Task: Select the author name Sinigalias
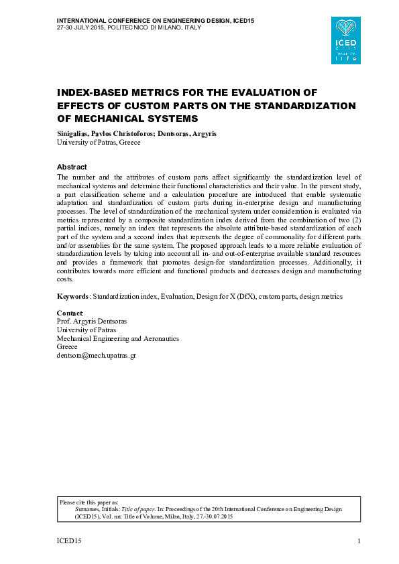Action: coord(74,134)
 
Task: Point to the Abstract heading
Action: coord(72,166)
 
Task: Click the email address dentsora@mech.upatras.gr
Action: coord(97,356)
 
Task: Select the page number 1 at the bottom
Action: coord(359,541)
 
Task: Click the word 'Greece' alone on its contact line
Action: coord(67,347)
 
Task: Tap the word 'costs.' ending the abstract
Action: coord(66,279)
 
